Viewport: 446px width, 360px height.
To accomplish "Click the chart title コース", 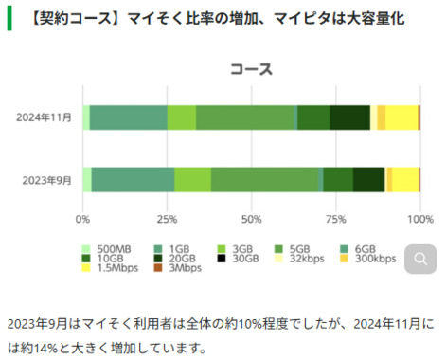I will [251, 70].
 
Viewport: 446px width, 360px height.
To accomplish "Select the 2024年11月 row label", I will [44, 117].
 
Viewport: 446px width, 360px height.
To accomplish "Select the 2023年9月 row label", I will [45, 179].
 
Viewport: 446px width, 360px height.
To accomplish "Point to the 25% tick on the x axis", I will [167, 219].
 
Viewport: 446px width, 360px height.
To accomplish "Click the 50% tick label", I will [251, 219].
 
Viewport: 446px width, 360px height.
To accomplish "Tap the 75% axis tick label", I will [335, 219].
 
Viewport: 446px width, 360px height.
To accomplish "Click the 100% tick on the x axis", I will [418, 219].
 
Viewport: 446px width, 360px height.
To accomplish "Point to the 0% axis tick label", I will [83, 219].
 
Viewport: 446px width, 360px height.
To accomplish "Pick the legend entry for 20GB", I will [176, 258].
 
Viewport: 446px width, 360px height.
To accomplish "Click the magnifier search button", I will [420, 257].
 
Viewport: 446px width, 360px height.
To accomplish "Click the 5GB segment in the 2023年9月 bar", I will [265, 179].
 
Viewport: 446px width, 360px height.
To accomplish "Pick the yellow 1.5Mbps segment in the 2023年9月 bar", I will [404, 179].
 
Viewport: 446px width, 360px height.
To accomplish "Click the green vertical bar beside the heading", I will [9, 19].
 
